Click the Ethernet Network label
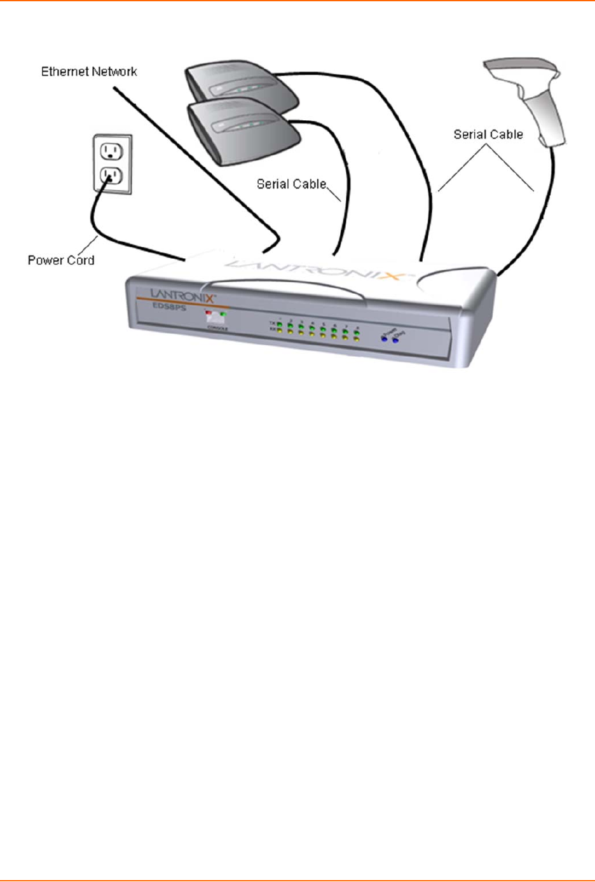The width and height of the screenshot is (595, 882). (89, 72)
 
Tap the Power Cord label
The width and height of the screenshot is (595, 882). (61, 260)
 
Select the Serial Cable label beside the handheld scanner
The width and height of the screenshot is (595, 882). (488, 135)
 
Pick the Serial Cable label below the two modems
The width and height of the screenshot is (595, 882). (291, 184)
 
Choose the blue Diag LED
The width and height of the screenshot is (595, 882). (395, 341)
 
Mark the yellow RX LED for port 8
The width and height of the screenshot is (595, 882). (357, 340)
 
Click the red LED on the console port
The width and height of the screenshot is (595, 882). (209, 314)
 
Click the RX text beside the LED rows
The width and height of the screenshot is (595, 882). (273, 329)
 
